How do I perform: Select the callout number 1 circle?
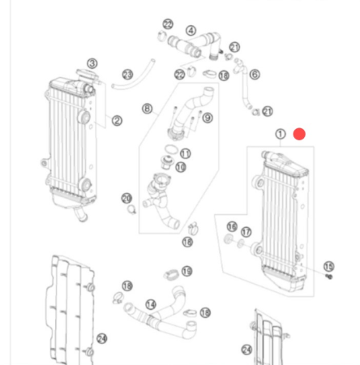coord(280,134)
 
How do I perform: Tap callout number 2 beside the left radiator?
coord(92,63)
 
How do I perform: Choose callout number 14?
coord(150,305)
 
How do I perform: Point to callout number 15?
coord(328,266)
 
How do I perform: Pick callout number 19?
coord(186,271)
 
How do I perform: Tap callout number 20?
coord(126,198)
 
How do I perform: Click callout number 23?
coord(127,75)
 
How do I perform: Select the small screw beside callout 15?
coord(329,277)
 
